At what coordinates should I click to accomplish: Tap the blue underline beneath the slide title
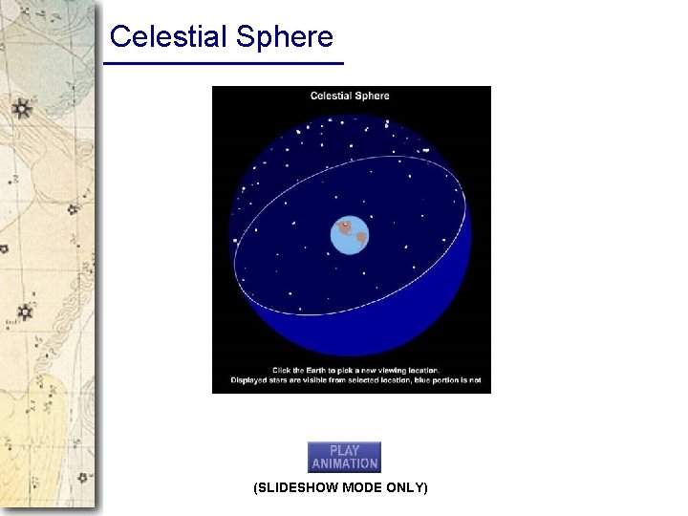pyautogui.click(x=223, y=63)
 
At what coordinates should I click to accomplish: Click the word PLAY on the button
pyautogui.click(x=344, y=450)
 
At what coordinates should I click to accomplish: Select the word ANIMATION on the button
pyautogui.click(x=344, y=463)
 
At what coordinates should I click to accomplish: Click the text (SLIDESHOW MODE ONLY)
pyautogui.click(x=340, y=488)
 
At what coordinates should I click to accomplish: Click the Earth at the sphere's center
pyautogui.click(x=350, y=235)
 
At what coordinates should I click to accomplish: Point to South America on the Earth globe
pyautogui.click(x=360, y=238)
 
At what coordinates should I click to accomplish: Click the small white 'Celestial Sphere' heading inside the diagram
pyautogui.click(x=350, y=96)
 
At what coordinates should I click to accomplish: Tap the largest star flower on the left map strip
pyautogui.click(x=21, y=108)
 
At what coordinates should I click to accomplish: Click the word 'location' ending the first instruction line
pyautogui.click(x=420, y=370)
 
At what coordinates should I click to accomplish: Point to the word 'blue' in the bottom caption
pyautogui.click(x=421, y=380)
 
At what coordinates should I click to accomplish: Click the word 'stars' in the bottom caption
pyautogui.click(x=284, y=380)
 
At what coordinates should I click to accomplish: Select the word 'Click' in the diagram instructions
pyautogui.click(x=283, y=370)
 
